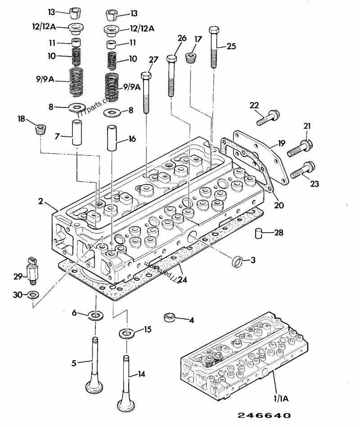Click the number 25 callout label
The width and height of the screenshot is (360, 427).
click(231, 45)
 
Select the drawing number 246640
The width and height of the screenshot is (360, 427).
click(262, 415)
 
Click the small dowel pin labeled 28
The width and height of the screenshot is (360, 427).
click(258, 233)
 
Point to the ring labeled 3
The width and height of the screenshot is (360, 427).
click(237, 261)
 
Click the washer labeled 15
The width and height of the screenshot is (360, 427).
click(126, 334)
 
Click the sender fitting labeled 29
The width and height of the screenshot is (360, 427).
click(32, 270)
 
